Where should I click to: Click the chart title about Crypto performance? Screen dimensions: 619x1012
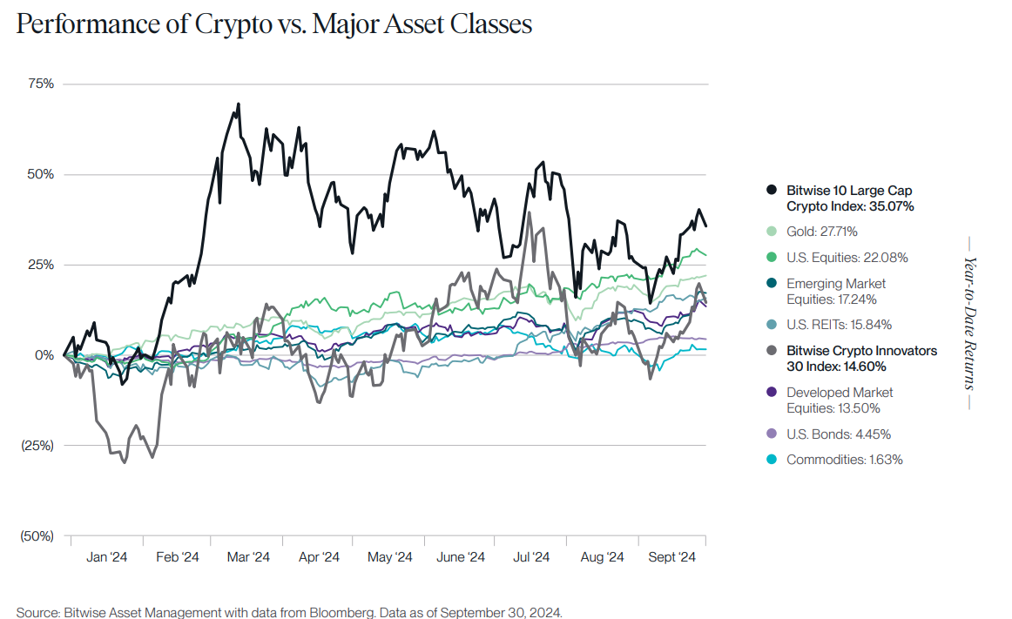[x=273, y=24]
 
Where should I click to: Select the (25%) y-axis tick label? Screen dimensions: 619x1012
[x=37, y=446]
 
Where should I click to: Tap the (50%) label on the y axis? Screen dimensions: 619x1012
[x=37, y=536]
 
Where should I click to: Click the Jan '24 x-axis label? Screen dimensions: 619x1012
[x=108, y=557]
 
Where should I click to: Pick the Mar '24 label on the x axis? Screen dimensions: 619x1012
[x=249, y=557]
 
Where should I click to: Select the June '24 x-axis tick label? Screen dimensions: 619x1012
[x=460, y=557]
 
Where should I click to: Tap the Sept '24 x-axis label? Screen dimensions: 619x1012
[x=673, y=557]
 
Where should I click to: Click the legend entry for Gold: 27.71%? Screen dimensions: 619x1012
[x=821, y=232]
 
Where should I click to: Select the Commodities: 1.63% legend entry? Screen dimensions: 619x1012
[x=844, y=460]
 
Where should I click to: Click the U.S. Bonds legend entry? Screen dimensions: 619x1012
[x=838, y=434]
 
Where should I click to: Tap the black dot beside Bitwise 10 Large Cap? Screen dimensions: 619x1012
[x=771, y=190]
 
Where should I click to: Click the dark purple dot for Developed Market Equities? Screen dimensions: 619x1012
[x=771, y=393]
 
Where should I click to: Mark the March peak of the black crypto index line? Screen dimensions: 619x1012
[x=238, y=104]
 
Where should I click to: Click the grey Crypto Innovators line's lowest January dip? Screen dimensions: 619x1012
[x=124, y=462]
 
